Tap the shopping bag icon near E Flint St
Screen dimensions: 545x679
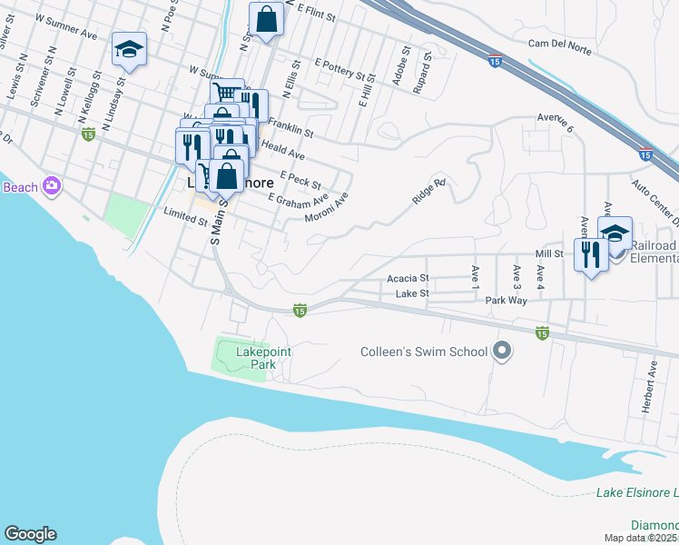[x=266, y=19]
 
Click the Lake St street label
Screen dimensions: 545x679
[x=412, y=293]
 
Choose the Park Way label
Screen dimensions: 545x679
[x=506, y=300]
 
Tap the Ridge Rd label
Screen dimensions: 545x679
[x=429, y=193]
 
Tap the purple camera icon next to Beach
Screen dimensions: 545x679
[x=51, y=186]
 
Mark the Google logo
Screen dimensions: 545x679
[x=30, y=534]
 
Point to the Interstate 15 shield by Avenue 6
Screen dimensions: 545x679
[x=645, y=155]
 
